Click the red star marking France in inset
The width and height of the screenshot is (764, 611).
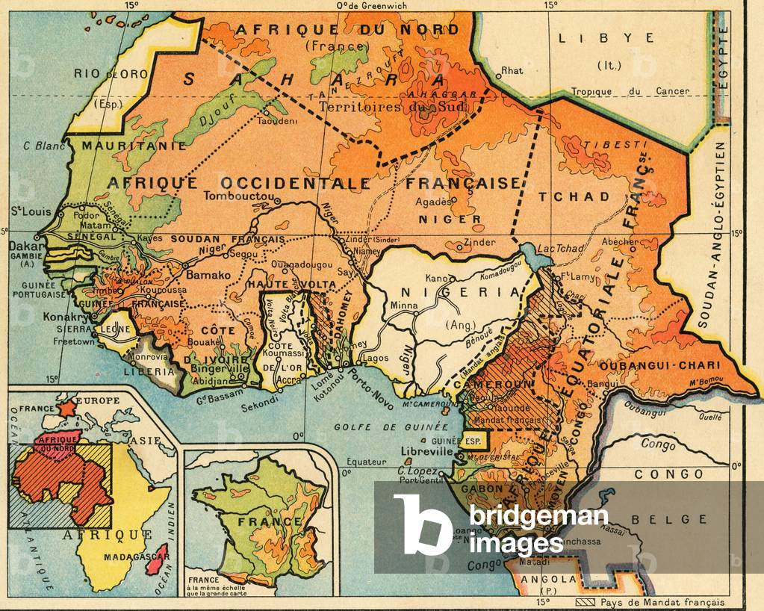[66, 408]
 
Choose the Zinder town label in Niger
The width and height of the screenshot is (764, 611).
[479, 243]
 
